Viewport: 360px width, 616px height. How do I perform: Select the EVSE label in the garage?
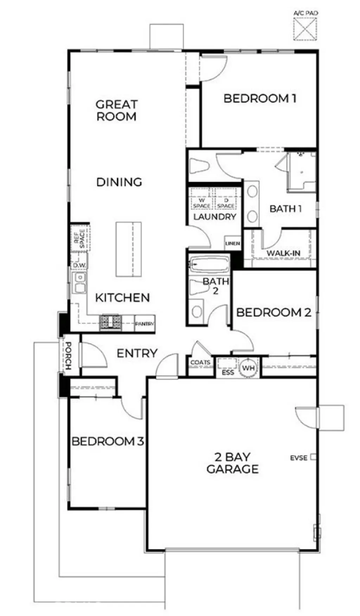(x=299, y=458)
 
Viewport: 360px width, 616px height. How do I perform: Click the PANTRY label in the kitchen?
(x=145, y=324)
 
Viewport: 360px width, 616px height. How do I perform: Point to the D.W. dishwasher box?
(x=79, y=265)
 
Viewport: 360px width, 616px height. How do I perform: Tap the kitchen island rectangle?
(x=129, y=249)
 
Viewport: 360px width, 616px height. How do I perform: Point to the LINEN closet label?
(x=233, y=243)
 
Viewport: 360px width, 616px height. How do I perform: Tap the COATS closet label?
(x=200, y=362)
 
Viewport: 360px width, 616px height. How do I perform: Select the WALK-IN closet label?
(x=283, y=253)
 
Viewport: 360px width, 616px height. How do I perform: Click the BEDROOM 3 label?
(x=108, y=441)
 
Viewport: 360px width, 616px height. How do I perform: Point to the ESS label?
(x=227, y=372)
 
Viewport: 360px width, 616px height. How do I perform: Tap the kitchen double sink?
(x=80, y=283)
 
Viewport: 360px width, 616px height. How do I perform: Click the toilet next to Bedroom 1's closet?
(x=200, y=166)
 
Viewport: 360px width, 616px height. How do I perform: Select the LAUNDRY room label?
(x=214, y=217)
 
